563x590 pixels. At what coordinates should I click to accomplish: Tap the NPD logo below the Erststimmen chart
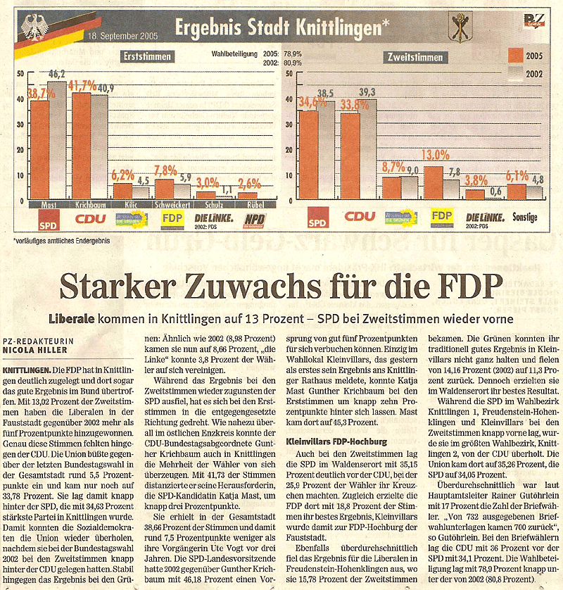point(253,220)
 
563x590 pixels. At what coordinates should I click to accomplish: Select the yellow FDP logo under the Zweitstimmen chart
point(442,216)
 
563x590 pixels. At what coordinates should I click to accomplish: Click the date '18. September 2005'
point(122,34)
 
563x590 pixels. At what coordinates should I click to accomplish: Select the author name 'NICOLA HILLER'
point(35,347)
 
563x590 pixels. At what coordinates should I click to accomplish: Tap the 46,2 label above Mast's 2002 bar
point(56,73)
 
